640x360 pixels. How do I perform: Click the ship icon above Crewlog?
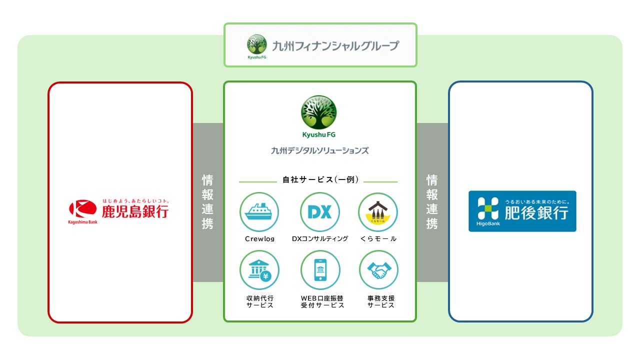click(259, 212)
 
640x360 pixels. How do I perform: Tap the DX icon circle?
click(319, 212)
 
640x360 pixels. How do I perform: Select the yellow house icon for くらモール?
click(378, 212)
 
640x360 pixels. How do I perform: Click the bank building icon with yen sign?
click(259, 270)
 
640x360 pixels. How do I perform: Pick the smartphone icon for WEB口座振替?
click(320, 270)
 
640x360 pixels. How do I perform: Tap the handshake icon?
click(378, 270)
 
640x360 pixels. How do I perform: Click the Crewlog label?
click(259, 239)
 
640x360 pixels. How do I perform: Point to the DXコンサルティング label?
click(320, 239)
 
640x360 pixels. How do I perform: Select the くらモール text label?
click(378, 239)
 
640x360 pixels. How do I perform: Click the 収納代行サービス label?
click(260, 301)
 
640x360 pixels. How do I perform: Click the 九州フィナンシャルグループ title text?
click(335, 46)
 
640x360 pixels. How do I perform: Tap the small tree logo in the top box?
click(257, 44)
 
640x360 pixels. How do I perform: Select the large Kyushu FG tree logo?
click(319, 113)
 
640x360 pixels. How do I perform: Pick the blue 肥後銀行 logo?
click(522, 211)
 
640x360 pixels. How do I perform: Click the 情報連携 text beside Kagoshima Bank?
click(207, 201)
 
